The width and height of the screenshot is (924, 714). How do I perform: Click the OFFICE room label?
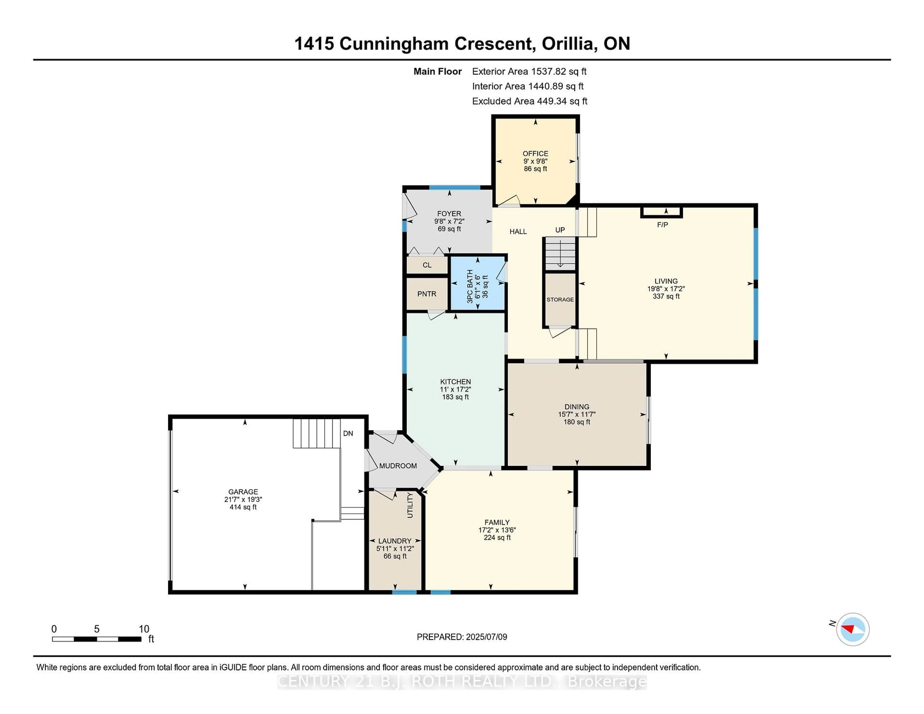535,153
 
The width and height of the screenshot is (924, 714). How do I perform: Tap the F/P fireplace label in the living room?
662,225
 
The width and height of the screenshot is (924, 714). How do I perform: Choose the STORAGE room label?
560,300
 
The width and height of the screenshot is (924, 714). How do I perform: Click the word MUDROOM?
398,466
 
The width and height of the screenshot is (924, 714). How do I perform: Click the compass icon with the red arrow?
853,629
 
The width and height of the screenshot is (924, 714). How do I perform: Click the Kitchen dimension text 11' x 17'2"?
455,389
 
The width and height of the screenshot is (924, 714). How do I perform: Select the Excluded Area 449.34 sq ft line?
529,101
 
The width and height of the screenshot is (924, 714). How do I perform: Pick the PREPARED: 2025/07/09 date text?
462,637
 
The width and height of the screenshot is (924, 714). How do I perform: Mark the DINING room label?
577,407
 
